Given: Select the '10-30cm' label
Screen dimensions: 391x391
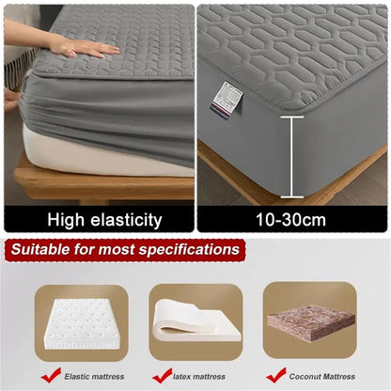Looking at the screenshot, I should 291,220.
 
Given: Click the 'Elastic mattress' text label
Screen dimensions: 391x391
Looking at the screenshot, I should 95,377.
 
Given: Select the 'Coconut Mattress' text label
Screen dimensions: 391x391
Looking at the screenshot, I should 323,377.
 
